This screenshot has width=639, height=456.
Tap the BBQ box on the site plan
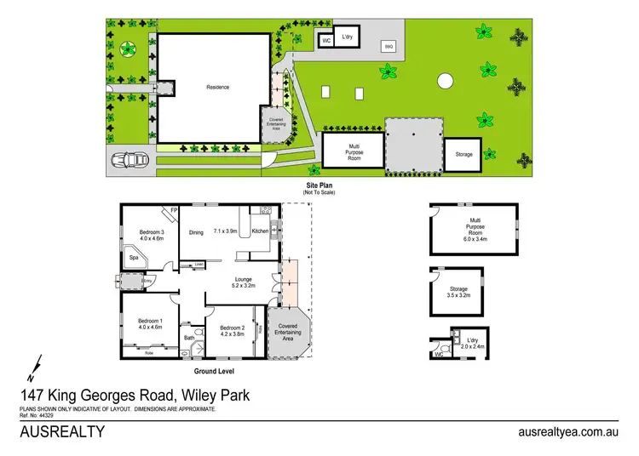pyautogui.click(x=389, y=47)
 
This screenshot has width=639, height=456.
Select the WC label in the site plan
pyautogui.click(x=325, y=40)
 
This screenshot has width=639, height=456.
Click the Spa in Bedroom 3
pyautogui.click(x=134, y=256)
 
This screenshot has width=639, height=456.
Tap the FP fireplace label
pyautogui.click(x=174, y=209)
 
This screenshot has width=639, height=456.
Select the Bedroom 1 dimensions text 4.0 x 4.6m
pyautogui.click(x=150, y=328)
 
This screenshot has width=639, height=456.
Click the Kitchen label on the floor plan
pyautogui.click(x=261, y=231)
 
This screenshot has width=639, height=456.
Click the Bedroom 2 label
pyautogui.click(x=232, y=328)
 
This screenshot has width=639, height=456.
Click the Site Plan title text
pyautogui.click(x=319, y=185)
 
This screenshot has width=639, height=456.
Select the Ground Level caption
pyautogui.click(x=213, y=371)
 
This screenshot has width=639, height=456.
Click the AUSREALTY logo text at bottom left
pyautogui.click(x=62, y=431)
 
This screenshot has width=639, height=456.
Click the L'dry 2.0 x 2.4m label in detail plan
pyautogui.click(x=472, y=343)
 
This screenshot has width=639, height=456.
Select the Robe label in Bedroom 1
pyautogui.click(x=149, y=352)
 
